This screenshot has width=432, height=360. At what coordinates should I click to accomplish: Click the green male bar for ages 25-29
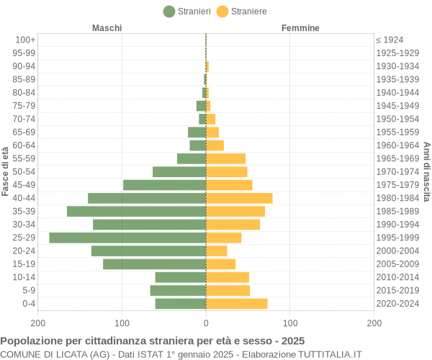(x=127, y=238)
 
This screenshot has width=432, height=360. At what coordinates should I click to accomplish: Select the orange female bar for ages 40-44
(x=239, y=198)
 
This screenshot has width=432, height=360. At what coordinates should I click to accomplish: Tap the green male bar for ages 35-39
(x=136, y=211)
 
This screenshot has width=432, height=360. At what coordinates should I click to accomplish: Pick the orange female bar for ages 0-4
(x=237, y=304)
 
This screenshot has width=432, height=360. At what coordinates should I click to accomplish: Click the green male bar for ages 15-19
(x=154, y=264)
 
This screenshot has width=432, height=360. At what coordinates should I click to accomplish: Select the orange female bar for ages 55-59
(x=225, y=158)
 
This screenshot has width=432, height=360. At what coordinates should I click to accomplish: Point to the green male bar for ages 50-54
(x=179, y=171)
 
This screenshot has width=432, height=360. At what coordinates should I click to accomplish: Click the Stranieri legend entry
(x=187, y=11)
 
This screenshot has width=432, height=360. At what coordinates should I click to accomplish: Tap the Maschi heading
(x=107, y=28)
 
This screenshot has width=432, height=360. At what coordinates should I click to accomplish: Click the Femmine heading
(x=300, y=28)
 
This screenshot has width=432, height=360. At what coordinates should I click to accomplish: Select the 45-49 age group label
(x=24, y=185)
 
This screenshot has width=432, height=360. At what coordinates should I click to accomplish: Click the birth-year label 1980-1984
(x=397, y=198)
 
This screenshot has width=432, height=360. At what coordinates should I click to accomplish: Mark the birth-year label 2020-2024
(x=397, y=304)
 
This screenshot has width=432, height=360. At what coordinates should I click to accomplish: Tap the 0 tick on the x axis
(x=206, y=323)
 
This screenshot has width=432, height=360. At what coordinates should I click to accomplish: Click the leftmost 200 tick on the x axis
(x=38, y=323)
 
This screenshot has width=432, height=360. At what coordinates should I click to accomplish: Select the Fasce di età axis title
(x=6, y=171)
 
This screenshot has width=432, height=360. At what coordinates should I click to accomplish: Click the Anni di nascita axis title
(x=426, y=171)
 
